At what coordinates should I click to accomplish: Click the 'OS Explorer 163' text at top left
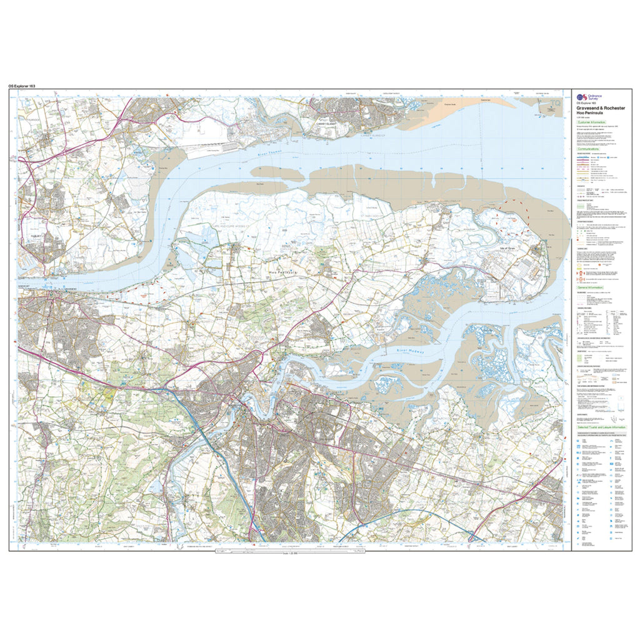click(x=26, y=85)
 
